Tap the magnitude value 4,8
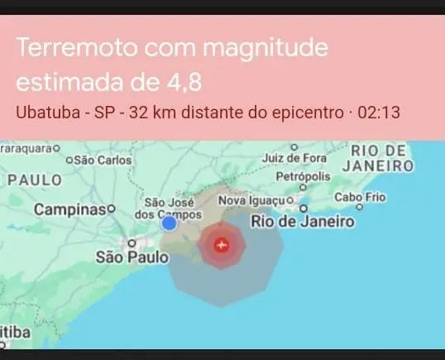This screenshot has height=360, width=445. coord(181,84)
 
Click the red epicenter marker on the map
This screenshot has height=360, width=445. coord(221,245)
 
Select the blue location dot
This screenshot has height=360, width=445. coord(170,223)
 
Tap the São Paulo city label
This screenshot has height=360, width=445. coord(132,257)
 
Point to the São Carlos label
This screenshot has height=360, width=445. coord(97,160)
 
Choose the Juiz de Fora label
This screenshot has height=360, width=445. coord(293,157)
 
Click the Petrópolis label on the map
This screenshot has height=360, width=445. coord(303,177)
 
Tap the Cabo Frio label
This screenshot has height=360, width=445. coord(360,197)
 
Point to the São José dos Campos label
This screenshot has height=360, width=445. coord(168,207)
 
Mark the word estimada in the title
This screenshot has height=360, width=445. coord(69,84)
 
